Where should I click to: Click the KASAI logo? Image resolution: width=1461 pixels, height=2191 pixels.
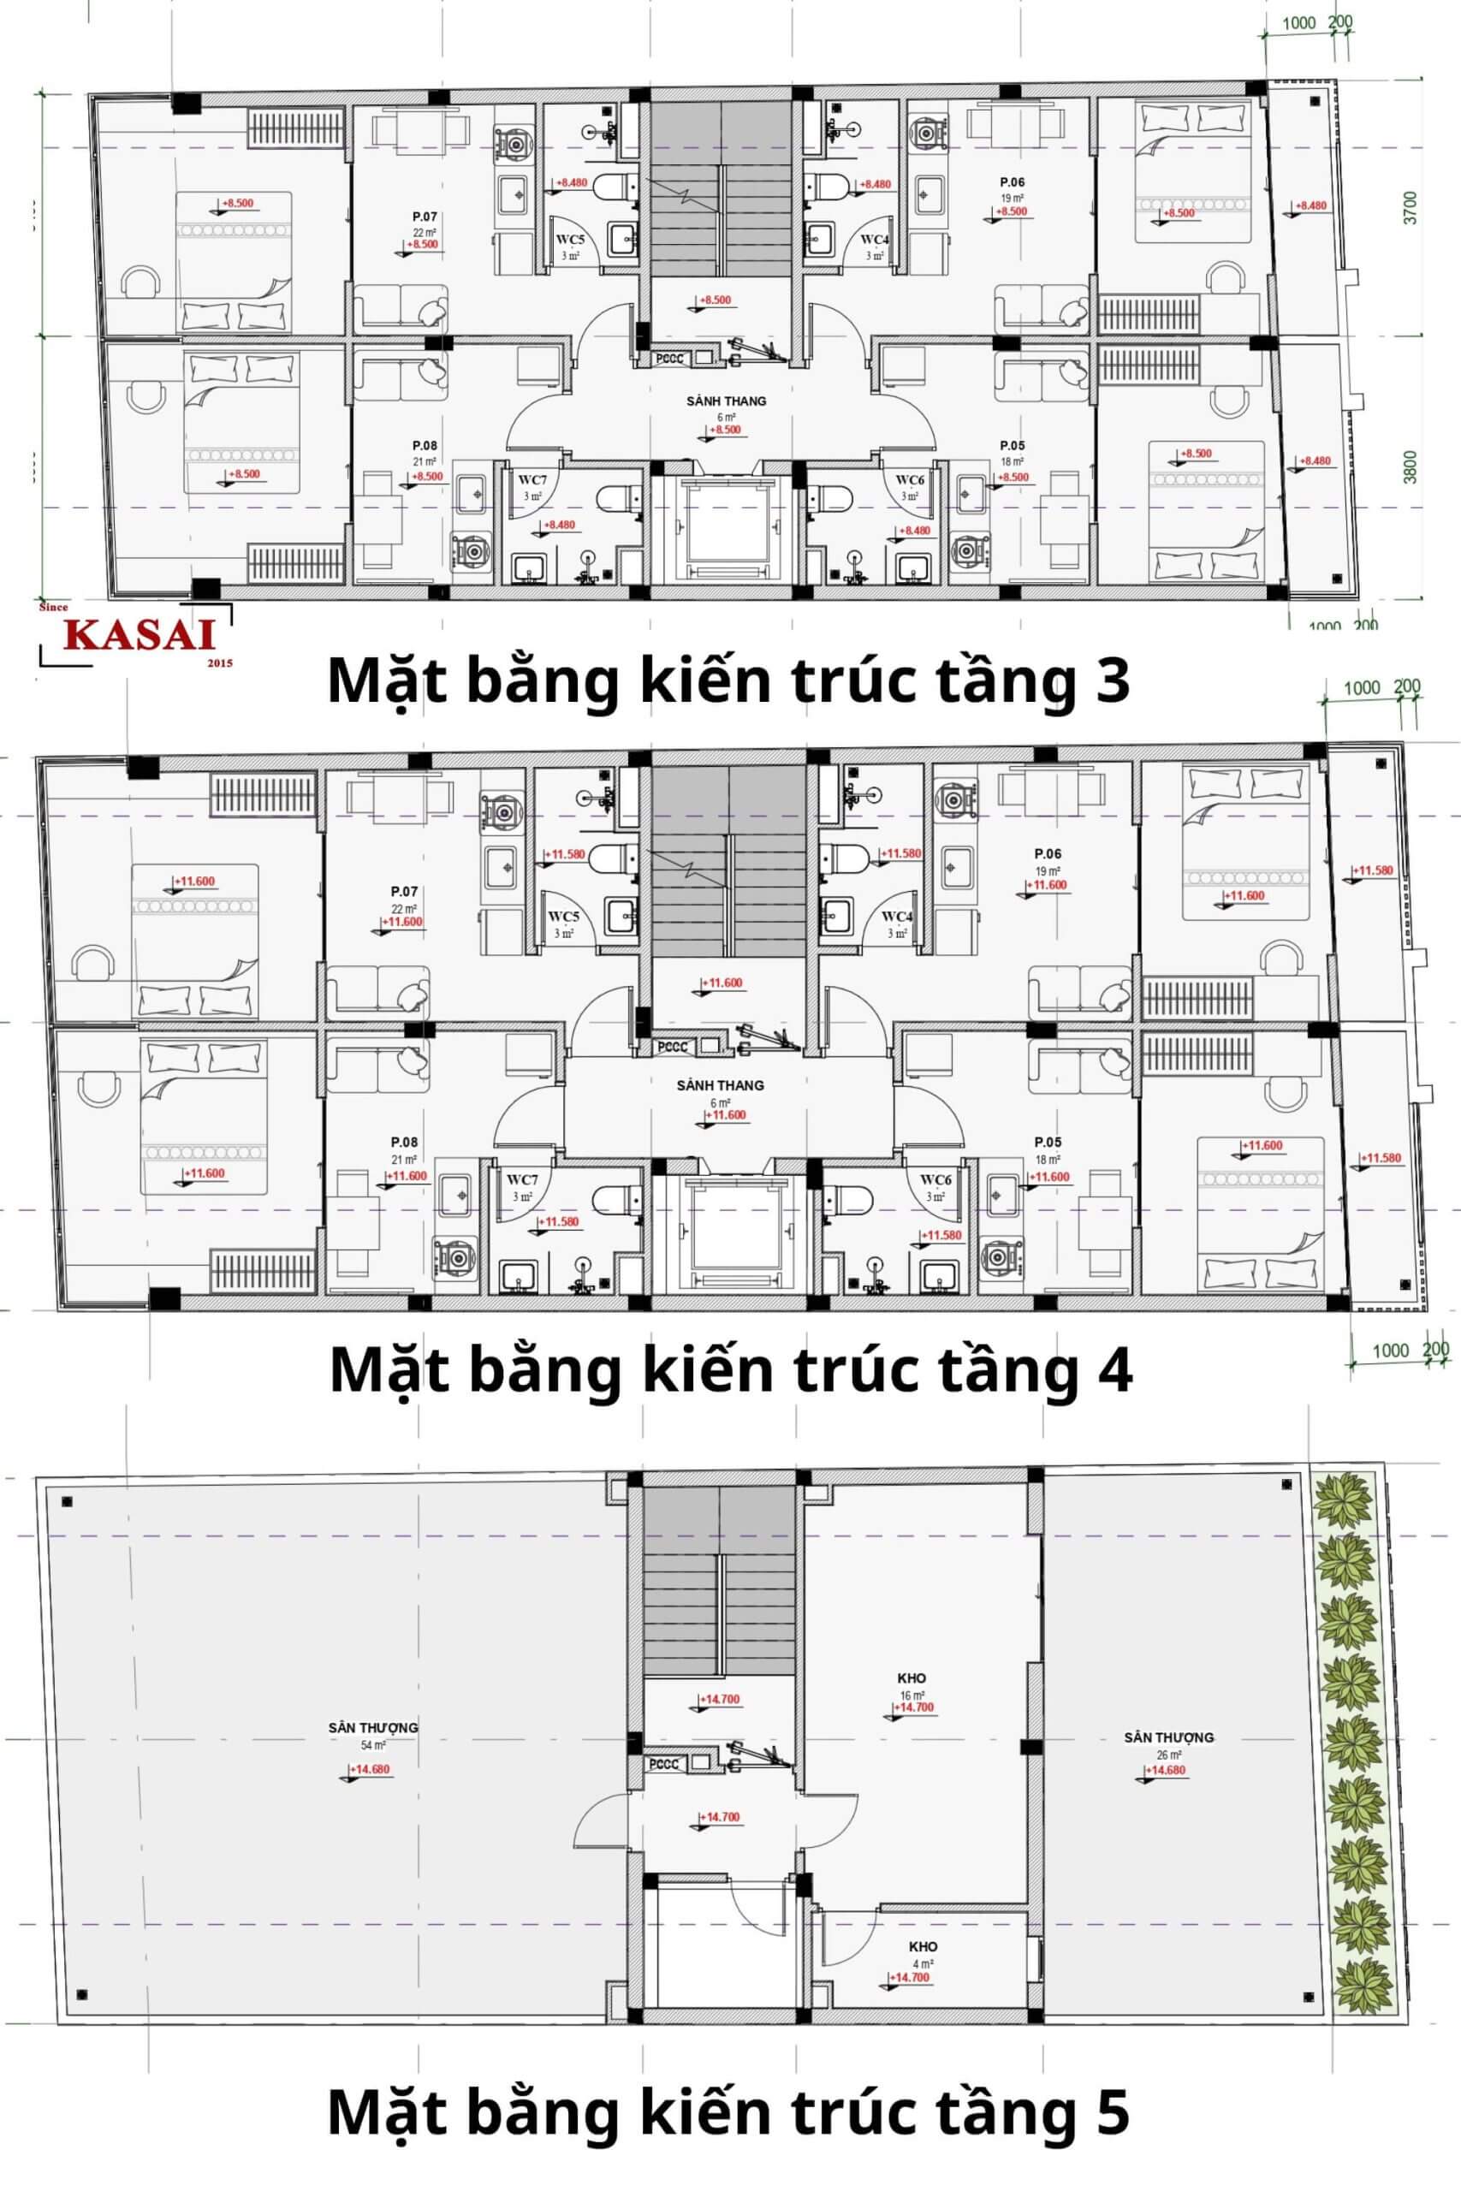tap(140, 635)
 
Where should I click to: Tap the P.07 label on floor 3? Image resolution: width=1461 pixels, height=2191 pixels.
tap(425, 217)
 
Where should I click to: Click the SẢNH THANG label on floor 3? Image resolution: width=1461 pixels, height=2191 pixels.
tap(726, 401)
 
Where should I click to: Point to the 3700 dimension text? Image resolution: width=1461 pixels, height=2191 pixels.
tap(1410, 207)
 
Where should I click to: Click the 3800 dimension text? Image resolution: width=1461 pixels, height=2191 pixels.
tap(1410, 466)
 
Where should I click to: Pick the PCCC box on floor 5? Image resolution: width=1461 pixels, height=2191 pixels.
tap(664, 1763)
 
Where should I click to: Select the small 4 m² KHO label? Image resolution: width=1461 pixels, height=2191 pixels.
tap(923, 1946)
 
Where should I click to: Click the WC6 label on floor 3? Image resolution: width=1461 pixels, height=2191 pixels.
tap(910, 480)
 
